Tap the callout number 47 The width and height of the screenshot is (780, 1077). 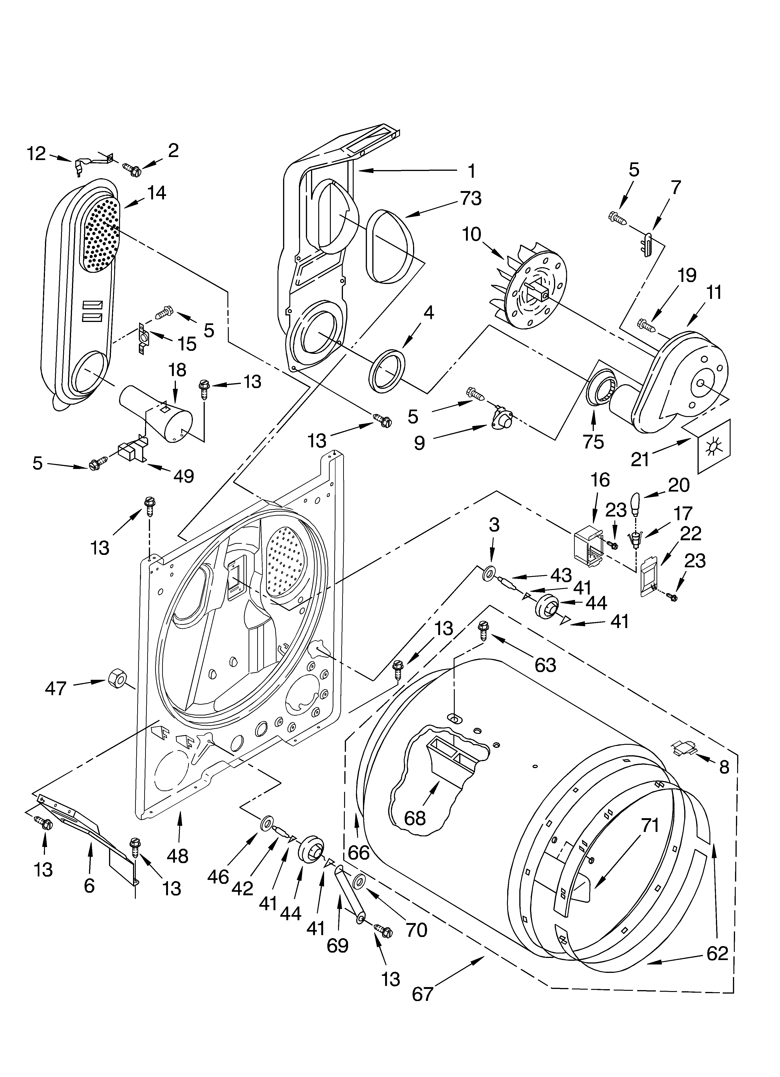(x=56, y=688)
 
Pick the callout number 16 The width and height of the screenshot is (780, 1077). (x=600, y=480)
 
